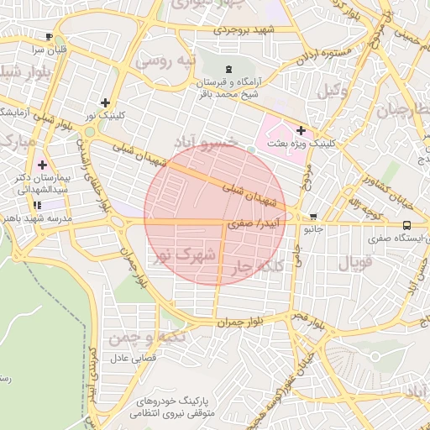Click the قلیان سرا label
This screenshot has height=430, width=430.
[x=50, y=50]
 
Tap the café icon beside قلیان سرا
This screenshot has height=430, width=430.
[x=50, y=36]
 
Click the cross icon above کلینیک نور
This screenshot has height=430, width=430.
[x=105, y=102]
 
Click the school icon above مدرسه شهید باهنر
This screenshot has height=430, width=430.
[x=37, y=205]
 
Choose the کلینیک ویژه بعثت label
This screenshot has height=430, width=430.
[x=301, y=144]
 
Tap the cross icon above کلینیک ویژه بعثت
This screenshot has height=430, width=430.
[x=301, y=130]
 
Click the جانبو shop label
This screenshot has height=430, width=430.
[x=312, y=228]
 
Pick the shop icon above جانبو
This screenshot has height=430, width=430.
[x=312, y=216]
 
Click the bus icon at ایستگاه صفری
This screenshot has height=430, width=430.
[x=406, y=225]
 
